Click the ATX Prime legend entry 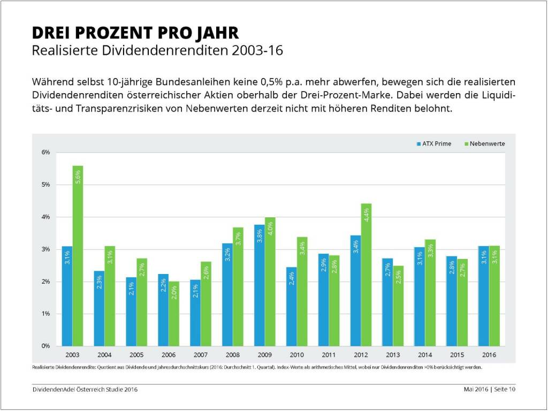click(x=433, y=144)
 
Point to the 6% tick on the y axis click(x=45, y=153)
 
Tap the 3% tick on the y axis click(x=45, y=249)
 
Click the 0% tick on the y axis click(x=45, y=346)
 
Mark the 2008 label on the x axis click(x=232, y=355)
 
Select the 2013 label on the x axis click(x=392, y=355)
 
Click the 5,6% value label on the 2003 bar click(x=78, y=177)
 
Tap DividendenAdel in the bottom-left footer click(x=53, y=390)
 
